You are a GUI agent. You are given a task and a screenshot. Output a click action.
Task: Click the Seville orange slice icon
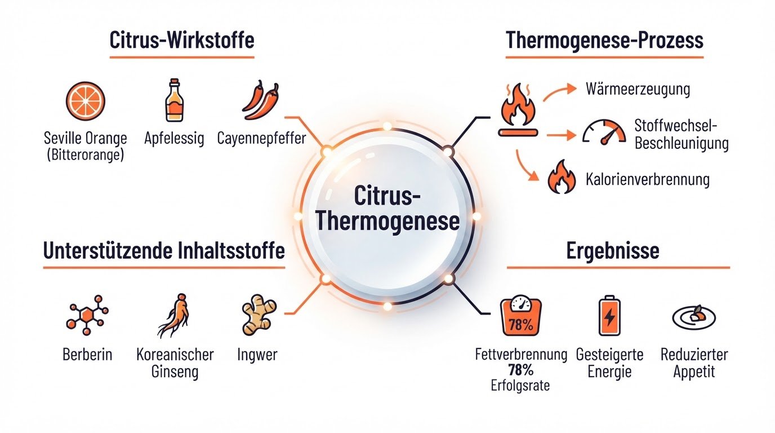tap(86, 101)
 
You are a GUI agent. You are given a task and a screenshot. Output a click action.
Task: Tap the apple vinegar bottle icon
tap(175, 100)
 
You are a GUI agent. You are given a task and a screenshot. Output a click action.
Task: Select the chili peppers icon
tap(261, 100)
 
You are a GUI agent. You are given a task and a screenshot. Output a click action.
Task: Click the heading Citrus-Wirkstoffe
tap(182, 40)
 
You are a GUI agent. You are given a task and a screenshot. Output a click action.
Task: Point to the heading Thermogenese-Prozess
tap(604, 41)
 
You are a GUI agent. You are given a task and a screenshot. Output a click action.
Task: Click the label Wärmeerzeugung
tap(638, 89)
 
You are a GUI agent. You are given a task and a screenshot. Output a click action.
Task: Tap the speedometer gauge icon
tap(604, 132)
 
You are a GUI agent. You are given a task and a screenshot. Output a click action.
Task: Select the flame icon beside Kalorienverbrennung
tap(562, 176)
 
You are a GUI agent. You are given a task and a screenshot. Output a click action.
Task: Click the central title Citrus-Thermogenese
tap(387, 208)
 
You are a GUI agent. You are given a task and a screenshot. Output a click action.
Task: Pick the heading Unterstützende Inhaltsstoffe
tap(164, 250)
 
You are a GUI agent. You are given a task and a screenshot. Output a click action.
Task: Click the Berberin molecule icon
tap(87, 315)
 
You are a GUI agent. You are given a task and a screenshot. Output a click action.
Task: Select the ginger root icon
tap(259, 315)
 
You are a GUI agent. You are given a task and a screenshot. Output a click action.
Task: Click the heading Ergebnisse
tap(613, 251)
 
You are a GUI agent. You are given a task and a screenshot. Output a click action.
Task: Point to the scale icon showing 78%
tap(521, 315)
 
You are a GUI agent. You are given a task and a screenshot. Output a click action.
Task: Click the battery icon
tap(609, 316)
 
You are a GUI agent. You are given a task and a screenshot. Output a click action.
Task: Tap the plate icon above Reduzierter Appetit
tap(694, 317)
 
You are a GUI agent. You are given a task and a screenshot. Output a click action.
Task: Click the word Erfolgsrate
tap(520, 386)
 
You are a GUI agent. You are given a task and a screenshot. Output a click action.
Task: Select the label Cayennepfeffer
tap(261, 138)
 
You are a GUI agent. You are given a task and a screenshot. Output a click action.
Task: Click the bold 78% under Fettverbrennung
tap(520, 370)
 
